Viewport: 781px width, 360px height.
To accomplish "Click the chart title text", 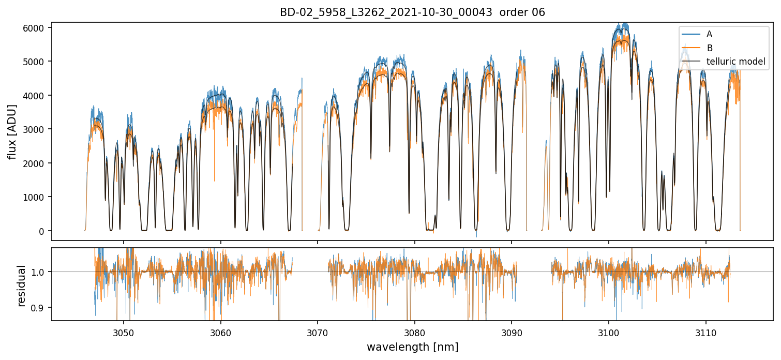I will pos(412,12).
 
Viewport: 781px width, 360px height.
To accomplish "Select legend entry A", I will pos(710,34).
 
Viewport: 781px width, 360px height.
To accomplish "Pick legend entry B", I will pos(710,48).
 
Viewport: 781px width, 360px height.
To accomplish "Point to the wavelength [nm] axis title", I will pos(412,347).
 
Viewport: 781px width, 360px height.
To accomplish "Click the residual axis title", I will pos(22,285).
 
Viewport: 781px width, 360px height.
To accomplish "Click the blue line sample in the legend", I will pos(691,34).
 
